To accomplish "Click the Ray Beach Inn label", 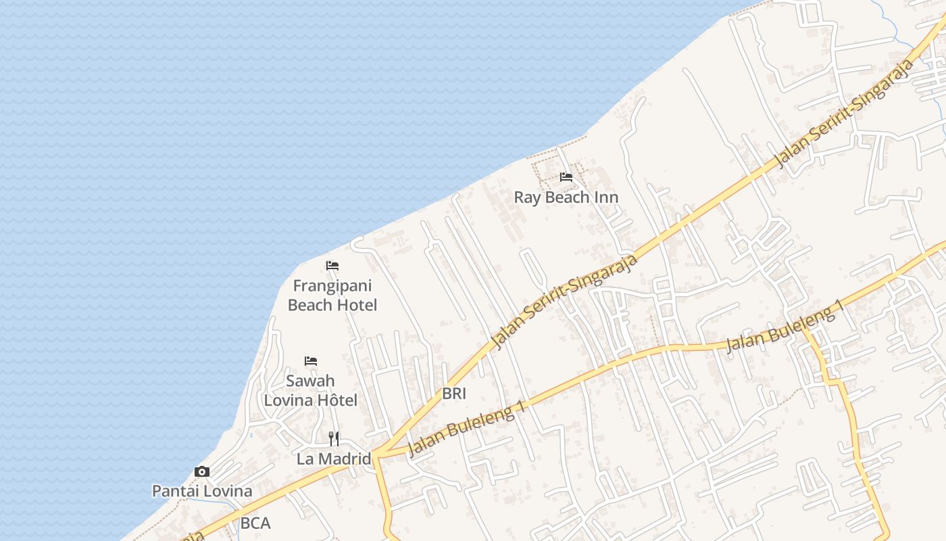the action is click(x=566, y=197).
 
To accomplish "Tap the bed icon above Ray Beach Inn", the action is click(x=566, y=177).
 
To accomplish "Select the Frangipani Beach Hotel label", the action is click(x=332, y=296).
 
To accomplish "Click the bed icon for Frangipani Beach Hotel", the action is click(x=332, y=265).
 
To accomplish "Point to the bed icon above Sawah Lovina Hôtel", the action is click(x=311, y=360).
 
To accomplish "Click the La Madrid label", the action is click(x=334, y=458).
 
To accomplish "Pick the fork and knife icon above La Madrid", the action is click(x=334, y=438).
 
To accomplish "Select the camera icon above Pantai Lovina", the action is click(x=201, y=471).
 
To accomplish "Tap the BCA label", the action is click(x=255, y=523).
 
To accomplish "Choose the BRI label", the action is click(x=454, y=394).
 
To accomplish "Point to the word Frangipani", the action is click(x=332, y=286).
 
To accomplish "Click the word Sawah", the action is click(x=310, y=381).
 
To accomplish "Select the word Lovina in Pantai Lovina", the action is click(x=226, y=491).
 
